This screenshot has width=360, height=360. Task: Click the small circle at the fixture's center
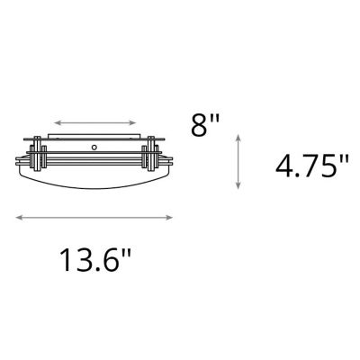pos(93,143)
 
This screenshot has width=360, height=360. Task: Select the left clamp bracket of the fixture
pos(38,157)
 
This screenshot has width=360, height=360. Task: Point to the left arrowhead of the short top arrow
pos(57,120)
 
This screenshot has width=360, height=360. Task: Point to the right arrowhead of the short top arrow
pos(135,120)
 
